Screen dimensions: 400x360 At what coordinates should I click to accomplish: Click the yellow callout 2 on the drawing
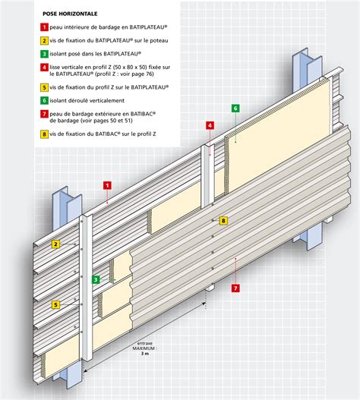click(x=55, y=244)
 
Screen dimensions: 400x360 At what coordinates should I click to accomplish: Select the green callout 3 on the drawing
click(x=95, y=279)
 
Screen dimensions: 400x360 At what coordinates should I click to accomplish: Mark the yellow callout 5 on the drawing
click(x=55, y=304)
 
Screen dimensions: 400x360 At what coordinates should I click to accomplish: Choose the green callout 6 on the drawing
click(x=235, y=109)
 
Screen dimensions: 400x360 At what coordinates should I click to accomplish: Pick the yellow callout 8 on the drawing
click(x=223, y=221)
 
